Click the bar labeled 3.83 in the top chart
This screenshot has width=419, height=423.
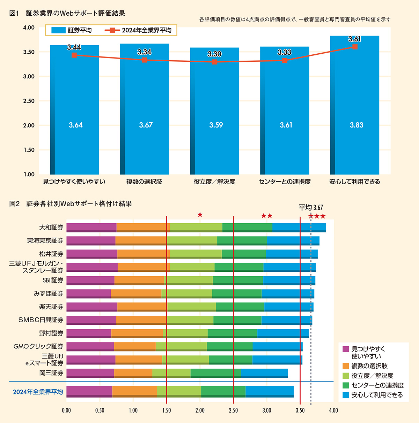click(354, 105)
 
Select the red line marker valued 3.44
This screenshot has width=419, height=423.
click(74, 55)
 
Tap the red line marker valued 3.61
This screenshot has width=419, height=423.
click(355, 47)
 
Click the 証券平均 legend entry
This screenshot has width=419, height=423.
click(72, 30)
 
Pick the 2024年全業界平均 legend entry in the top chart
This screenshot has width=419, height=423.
click(139, 30)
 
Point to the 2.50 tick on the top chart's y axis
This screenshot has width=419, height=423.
click(29, 101)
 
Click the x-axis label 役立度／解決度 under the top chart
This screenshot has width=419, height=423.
click(214, 182)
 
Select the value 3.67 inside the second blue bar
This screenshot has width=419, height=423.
click(146, 125)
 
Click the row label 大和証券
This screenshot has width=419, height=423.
click(51, 228)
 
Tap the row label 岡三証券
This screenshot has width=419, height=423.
click(51, 373)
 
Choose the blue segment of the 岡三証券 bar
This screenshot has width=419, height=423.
click(264, 373)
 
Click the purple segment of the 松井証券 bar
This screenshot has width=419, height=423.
click(92, 254)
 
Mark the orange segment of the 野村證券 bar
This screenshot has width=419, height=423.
click(137, 333)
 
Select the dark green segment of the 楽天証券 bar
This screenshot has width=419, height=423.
click(240, 307)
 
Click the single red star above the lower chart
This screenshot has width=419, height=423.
click(200, 215)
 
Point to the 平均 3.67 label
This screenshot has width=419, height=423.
click(310, 208)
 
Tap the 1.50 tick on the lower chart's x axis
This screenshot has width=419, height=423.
click(167, 410)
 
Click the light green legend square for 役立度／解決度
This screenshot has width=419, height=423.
click(346, 376)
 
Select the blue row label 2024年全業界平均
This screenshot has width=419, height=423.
click(38, 392)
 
